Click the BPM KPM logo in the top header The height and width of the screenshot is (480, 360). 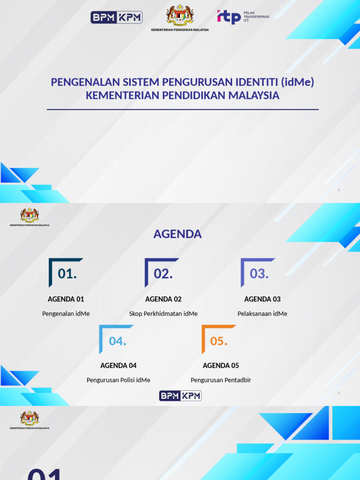point(116,18)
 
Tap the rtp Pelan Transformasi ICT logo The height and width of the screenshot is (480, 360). point(243,17)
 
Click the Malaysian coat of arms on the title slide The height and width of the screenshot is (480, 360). point(180,16)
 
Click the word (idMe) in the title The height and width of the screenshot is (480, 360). point(298,82)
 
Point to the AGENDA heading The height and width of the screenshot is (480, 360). point(177,234)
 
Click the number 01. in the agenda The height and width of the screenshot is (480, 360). point(67,274)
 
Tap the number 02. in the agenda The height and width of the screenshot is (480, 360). point(163,274)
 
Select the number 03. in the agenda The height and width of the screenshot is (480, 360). point(259,274)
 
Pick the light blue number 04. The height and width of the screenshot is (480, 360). point(118,341)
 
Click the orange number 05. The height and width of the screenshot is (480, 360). point(218,341)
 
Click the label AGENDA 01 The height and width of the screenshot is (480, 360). point(66,299)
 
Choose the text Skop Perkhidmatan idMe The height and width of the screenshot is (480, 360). point(163,314)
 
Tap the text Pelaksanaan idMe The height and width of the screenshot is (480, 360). point(262,314)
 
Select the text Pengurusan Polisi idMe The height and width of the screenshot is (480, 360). point(118,380)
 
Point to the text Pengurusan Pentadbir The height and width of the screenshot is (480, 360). point(221,380)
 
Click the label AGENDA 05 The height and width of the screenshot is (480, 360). point(221,366)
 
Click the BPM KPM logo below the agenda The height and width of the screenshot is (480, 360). point(180,396)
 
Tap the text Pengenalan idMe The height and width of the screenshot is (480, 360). point(66,314)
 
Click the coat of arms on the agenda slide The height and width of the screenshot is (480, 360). point(30,215)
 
